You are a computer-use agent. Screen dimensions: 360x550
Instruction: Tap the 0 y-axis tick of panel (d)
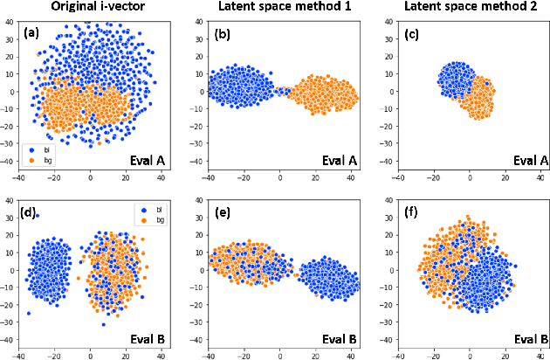(11, 270)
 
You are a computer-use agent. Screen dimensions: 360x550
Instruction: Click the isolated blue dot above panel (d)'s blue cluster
(37, 216)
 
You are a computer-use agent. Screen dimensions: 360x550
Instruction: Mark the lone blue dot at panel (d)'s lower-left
(29, 313)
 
